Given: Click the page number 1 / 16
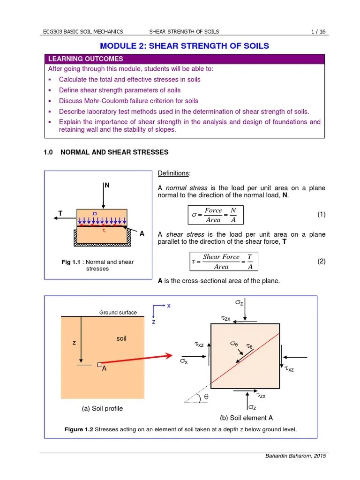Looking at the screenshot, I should (318, 31).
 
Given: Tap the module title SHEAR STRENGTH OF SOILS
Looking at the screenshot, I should (184, 45).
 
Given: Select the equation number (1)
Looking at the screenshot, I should (321, 215).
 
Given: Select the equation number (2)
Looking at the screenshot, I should (321, 261).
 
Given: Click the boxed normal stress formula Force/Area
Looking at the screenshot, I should (215, 215).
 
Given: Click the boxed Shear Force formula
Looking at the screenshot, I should (223, 262).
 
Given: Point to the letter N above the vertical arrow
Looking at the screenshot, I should (107, 186).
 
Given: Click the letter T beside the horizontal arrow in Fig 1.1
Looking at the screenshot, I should (60, 213).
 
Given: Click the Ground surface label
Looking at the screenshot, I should (118, 313).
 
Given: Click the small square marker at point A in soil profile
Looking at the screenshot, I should (99, 364).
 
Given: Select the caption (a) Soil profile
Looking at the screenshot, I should (102, 408).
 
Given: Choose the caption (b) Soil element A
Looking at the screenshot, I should (246, 418).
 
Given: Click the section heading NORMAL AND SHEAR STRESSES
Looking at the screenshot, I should (114, 152).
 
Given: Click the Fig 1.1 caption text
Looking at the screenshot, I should (97, 265).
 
